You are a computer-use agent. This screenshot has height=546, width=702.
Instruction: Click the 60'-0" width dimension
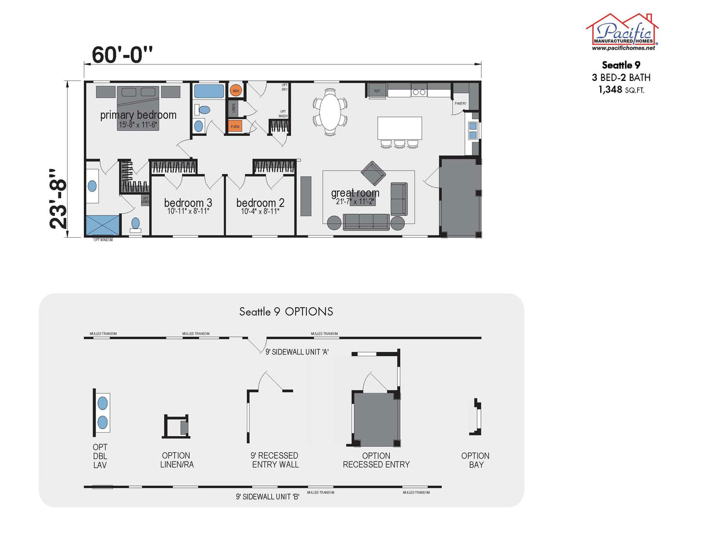pos(123,54)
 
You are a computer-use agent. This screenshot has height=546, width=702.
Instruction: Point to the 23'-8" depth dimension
pos(61,198)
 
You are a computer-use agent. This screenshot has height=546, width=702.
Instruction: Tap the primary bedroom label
pos(138,115)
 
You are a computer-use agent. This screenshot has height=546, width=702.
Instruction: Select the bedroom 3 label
pos(188,203)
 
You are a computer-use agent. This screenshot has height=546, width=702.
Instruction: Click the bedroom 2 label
pos(260,203)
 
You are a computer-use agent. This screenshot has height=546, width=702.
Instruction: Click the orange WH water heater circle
pos(236,91)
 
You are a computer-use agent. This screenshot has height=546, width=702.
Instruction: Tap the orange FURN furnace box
pos(235,126)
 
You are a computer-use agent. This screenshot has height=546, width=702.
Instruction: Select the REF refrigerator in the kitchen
pos(377,91)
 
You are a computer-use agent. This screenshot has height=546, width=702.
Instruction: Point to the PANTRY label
pos(460,104)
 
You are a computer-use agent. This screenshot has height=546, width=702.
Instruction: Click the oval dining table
pos(331,112)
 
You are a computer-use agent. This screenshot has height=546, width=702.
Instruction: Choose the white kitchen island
pos(400,128)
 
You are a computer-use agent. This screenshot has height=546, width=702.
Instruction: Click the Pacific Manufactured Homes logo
pos(622,32)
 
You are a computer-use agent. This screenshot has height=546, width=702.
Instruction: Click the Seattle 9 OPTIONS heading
pos(286,312)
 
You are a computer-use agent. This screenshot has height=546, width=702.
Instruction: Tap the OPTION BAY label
pos(475,460)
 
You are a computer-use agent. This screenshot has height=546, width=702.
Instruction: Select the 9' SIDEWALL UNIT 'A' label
pos(297,351)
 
